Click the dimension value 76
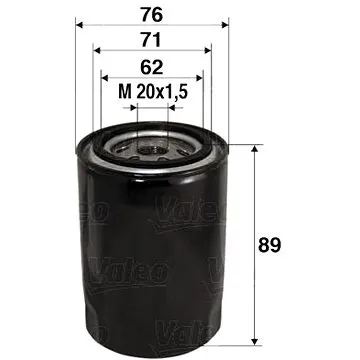coord(153,14)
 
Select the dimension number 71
coord(153,41)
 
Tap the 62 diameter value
coord(153,70)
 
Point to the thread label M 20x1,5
coord(153,95)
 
